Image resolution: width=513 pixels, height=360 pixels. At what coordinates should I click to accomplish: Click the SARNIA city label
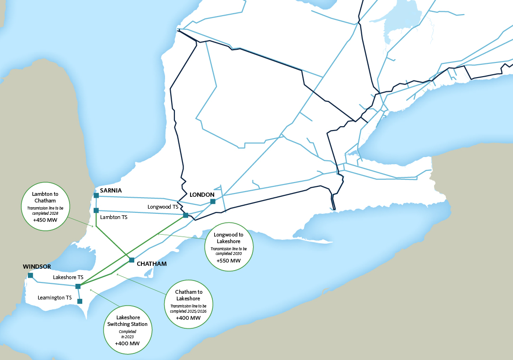[x=111, y=191]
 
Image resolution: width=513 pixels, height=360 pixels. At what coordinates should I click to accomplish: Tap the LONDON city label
[x=202, y=195]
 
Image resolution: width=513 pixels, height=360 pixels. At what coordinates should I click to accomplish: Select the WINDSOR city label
[x=37, y=267]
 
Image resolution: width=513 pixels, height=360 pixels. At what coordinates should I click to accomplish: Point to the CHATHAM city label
[x=151, y=264]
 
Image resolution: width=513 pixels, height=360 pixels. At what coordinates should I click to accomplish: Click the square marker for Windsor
[x=30, y=275]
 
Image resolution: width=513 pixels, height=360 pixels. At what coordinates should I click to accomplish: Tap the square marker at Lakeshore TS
[x=78, y=286]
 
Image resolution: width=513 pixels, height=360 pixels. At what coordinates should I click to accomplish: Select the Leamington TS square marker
[x=80, y=301]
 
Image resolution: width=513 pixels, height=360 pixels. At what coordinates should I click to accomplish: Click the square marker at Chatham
[x=131, y=260]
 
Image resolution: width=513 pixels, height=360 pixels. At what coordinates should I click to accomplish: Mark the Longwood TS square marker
[x=185, y=215]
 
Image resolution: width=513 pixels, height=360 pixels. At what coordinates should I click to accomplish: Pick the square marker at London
[x=213, y=202]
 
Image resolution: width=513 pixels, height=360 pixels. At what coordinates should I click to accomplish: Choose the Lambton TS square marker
[x=96, y=211]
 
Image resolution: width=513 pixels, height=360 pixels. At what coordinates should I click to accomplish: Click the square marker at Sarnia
[x=96, y=195]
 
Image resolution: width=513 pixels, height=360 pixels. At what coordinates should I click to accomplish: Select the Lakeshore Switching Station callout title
[x=128, y=321]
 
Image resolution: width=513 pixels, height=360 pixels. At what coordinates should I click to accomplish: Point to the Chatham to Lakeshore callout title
[x=188, y=296]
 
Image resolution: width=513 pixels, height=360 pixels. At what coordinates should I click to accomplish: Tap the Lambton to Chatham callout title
[x=44, y=197]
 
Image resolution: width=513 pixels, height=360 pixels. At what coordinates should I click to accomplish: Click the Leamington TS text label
[x=55, y=298]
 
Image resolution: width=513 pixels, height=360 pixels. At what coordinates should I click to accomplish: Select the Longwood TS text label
[x=163, y=207]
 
